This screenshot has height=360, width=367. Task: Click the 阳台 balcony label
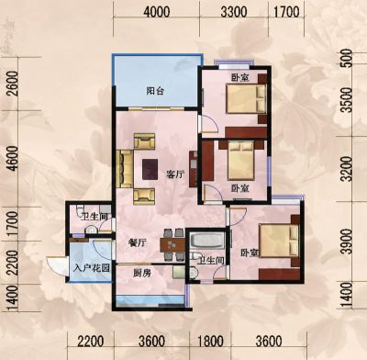(155, 91)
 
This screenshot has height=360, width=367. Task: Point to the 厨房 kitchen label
(142, 273)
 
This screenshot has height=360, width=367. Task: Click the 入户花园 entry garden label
(92, 268)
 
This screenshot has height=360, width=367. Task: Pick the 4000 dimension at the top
(156, 12)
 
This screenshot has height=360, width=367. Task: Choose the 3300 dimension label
(234, 12)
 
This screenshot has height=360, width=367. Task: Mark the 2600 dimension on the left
(13, 84)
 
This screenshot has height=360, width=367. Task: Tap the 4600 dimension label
(13, 158)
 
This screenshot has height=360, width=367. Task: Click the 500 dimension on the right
(348, 58)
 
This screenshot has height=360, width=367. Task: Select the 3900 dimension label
(348, 242)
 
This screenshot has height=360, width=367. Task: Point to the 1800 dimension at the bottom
(211, 341)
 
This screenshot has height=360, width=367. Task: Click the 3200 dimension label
(348, 169)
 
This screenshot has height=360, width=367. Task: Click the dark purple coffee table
(150, 169)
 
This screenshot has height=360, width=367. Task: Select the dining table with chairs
(172, 244)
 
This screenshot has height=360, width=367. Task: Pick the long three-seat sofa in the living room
(125, 168)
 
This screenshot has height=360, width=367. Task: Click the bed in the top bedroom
(246, 98)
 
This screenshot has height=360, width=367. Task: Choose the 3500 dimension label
(348, 100)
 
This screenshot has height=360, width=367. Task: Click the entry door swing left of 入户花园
(57, 266)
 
